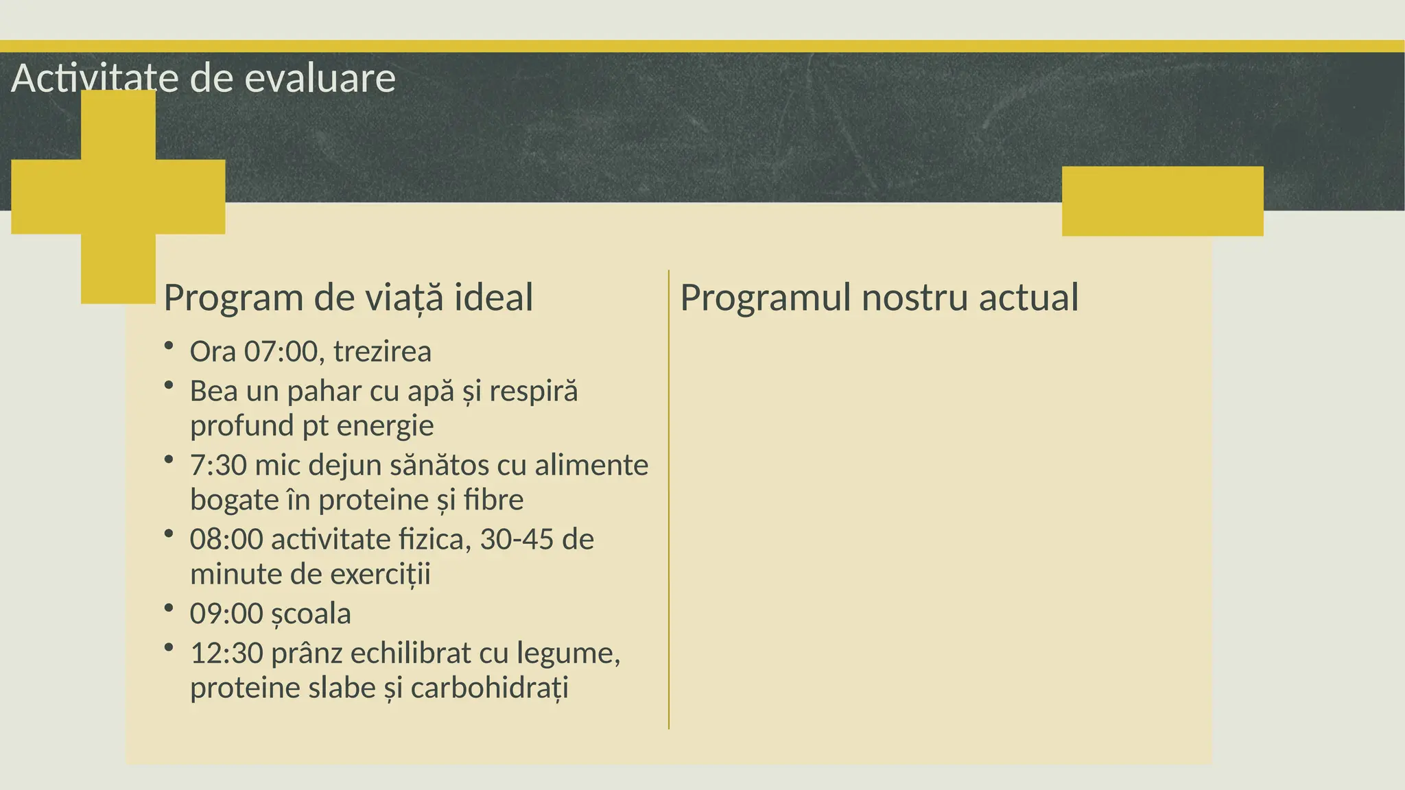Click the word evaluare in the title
320,78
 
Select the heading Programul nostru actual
879,298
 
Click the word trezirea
382,352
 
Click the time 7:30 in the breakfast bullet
218,466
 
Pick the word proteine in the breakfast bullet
374,500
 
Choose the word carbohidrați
490,688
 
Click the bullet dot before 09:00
169,608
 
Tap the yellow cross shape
118,197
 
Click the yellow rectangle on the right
1162,201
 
